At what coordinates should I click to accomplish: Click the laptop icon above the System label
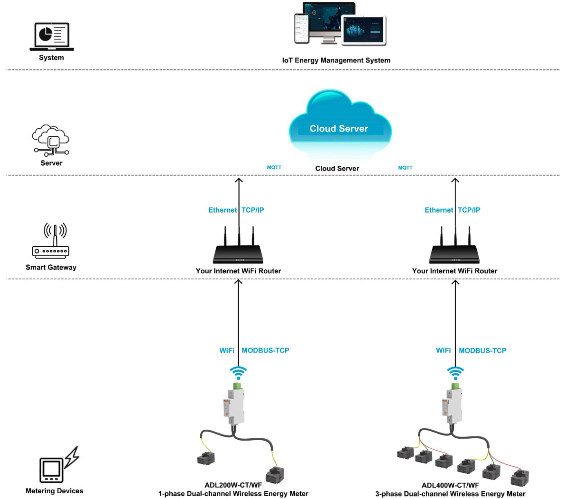tap(52, 37)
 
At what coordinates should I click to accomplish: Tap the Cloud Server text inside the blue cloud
tap(339, 129)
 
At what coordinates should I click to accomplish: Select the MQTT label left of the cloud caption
tap(274, 167)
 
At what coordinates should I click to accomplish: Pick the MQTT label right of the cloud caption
tap(405, 168)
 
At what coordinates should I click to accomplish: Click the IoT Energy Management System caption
tap(336, 60)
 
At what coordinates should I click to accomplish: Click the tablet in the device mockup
tap(364, 30)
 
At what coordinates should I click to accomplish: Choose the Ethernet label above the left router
tap(222, 210)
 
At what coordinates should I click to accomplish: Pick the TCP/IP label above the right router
tap(469, 210)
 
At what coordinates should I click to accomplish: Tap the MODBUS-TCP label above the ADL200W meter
tap(265, 350)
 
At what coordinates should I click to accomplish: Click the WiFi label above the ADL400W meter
tap(443, 350)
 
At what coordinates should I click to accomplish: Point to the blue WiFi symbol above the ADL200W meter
tap(238, 373)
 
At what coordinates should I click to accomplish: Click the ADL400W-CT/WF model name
tap(450, 485)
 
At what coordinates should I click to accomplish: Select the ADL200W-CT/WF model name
tap(233, 485)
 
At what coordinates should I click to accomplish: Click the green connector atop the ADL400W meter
tap(455, 386)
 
